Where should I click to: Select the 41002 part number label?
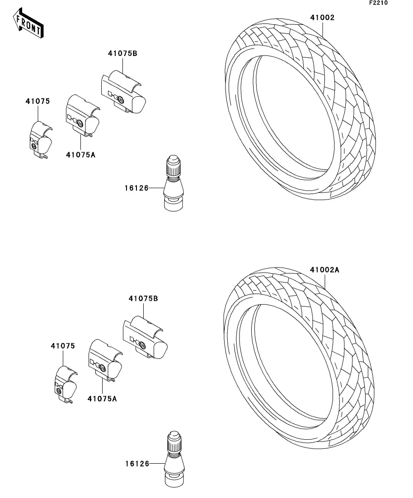pyautogui.click(x=322, y=18)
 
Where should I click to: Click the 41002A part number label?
pyautogui.click(x=324, y=270)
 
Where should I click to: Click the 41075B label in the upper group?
pyautogui.click(x=122, y=53)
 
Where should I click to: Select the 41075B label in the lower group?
pyautogui.click(x=143, y=298)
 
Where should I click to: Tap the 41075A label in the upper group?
pyautogui.click(x=80, y=154)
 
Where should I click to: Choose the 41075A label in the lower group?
pyautogui.click(x=102, y=399)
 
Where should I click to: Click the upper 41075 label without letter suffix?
pyautogui.click(x=38, y=101)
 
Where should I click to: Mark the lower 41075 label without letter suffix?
pyautogui.click(x=62, y=346)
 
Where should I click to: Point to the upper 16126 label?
pyautogui.click(x=137, y=188)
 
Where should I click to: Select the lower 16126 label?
pyautogui.click(x=137, y=463)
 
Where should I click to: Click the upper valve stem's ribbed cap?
pyautogui.click(x=173, y=167)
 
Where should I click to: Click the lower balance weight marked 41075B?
pyautogui.click(x=145, y=338)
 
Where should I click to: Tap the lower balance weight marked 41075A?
pyautogui.click(x=104, y=361)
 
